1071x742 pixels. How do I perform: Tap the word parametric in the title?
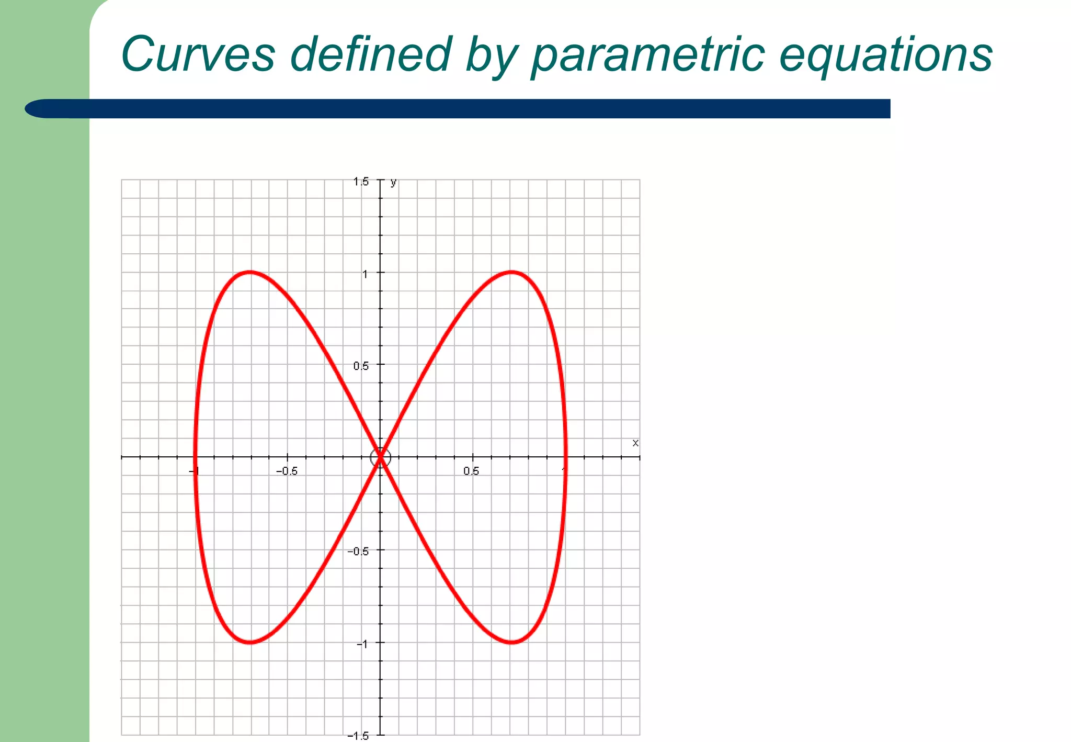[647, 55]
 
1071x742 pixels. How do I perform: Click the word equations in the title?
[885, 55]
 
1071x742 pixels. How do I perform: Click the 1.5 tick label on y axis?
[361, 182]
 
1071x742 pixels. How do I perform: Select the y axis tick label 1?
[366, 274]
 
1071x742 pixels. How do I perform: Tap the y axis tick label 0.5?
[361, 366]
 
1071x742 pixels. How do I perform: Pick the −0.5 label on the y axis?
[358, 552]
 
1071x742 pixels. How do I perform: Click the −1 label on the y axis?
[362, 644]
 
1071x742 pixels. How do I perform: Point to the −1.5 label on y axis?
[358, 736]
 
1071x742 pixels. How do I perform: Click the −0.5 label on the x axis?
[287, 471]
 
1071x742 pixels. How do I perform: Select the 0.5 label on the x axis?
[471, 471]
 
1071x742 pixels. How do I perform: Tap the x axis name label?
[635, 443]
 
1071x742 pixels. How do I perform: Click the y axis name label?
[393, 182]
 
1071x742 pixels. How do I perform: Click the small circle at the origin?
[380, 458]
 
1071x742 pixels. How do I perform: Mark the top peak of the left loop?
[250, 272]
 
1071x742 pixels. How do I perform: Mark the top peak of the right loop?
[511, 272]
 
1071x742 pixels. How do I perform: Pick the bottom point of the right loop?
[511, 642]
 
